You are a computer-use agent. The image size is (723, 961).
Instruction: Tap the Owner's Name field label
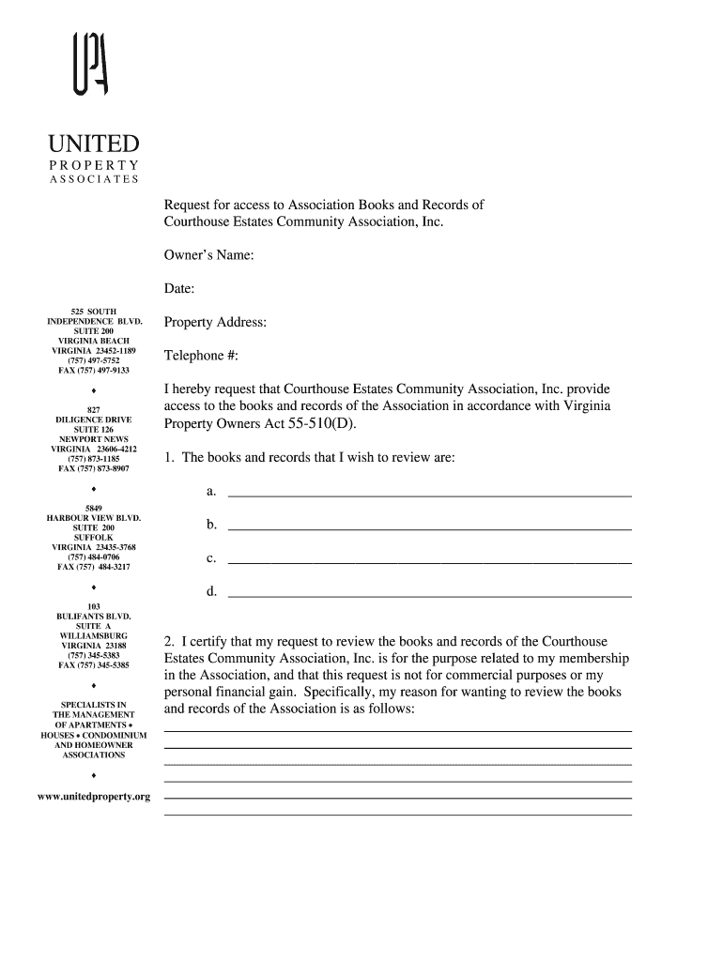209,255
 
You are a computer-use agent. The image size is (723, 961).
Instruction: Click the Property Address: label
215,323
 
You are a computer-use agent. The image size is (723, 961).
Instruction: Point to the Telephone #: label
201,356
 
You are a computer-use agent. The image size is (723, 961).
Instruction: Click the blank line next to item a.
429,494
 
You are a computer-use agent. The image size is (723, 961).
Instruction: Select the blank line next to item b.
429,527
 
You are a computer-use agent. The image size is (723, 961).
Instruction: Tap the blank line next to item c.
429,561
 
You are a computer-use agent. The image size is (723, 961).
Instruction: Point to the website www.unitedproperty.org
94,796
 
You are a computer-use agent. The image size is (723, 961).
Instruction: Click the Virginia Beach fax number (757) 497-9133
94,370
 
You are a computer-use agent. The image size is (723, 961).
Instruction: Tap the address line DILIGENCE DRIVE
94,419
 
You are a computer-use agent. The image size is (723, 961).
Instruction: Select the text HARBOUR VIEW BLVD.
94,518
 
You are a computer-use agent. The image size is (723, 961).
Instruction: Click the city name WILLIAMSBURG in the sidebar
94,635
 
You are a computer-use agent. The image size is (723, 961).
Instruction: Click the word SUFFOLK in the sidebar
94,538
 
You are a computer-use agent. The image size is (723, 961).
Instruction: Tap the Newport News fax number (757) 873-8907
94,468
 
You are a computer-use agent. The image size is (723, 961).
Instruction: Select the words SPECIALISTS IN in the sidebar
94,705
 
